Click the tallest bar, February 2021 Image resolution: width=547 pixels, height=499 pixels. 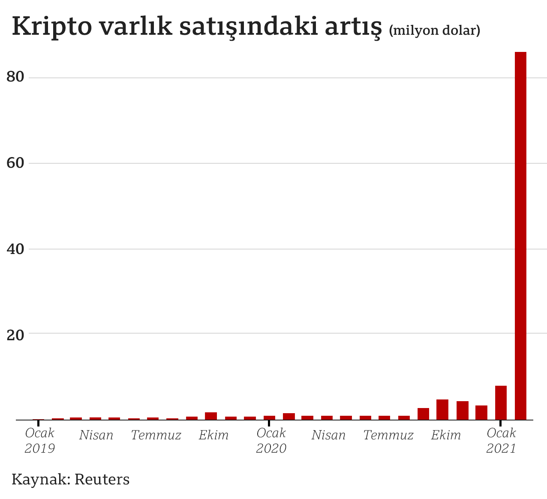coord(520,236)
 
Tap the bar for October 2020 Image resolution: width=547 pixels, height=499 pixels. coord(442,409)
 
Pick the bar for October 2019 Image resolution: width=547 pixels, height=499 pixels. coord(211,416)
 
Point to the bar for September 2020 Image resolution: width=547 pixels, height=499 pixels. coord(423,414)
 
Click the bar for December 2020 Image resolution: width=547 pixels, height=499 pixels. coord(481,412)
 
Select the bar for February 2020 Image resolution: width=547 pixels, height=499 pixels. coord(289,416)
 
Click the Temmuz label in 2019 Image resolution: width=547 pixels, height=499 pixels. coord(156,435)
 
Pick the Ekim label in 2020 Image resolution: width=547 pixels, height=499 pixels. coord(446,435)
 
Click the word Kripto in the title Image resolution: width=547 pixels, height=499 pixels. coord(51,27)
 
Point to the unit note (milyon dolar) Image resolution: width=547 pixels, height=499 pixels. coord(434,30)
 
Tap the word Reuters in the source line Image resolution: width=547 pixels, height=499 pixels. coord(102,479)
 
